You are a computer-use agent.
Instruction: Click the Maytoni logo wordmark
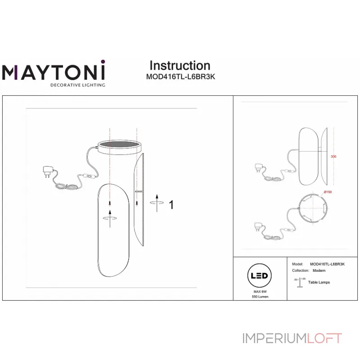[x=54, y=72]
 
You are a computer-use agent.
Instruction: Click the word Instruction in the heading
[x=180, y=66]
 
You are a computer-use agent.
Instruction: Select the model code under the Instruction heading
[x=181, y=76]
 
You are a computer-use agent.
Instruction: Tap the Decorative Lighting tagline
[x=77, y=85]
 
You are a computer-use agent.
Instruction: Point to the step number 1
[x=171, y=205]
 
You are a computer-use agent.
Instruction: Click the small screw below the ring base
[x=110, y=205]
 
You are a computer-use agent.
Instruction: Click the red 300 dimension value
[x=333, y=157]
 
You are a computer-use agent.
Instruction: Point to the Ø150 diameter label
[x=327, y=192]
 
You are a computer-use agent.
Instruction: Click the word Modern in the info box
[x=319, y=271]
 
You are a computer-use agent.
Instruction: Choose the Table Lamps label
[x=319, y=282]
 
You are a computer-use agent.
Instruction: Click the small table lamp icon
[x=299, y=282]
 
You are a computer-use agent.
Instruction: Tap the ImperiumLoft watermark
[x=292, y=338]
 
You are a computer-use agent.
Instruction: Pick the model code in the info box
[x=328, y=264]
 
